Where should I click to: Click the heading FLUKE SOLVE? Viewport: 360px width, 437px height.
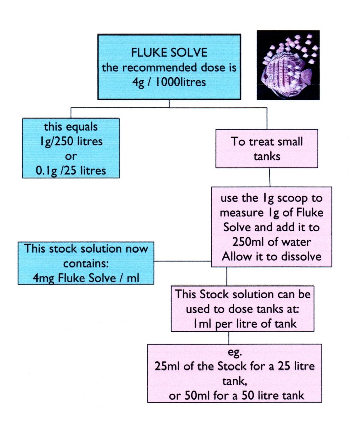(x=169, y=52)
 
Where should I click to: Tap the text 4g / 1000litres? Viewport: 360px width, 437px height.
(x=169, y=82)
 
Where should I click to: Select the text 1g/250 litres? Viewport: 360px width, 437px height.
(x=71, y=141)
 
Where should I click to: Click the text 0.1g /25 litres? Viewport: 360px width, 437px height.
(x=71, y=171)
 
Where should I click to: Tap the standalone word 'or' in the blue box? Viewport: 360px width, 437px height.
(x=71, y=156)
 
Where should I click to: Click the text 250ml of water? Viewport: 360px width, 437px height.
(x=271, y=242)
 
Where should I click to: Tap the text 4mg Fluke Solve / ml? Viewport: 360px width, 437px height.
(x=86, y=278)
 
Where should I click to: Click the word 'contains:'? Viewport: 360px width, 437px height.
(x=86, y=264)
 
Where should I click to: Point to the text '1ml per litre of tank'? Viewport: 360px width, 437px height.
(x=245, y=324)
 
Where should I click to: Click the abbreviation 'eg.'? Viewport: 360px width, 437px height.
(x=235, y=352)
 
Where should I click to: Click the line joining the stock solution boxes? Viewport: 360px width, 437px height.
(x=182, y=261)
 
